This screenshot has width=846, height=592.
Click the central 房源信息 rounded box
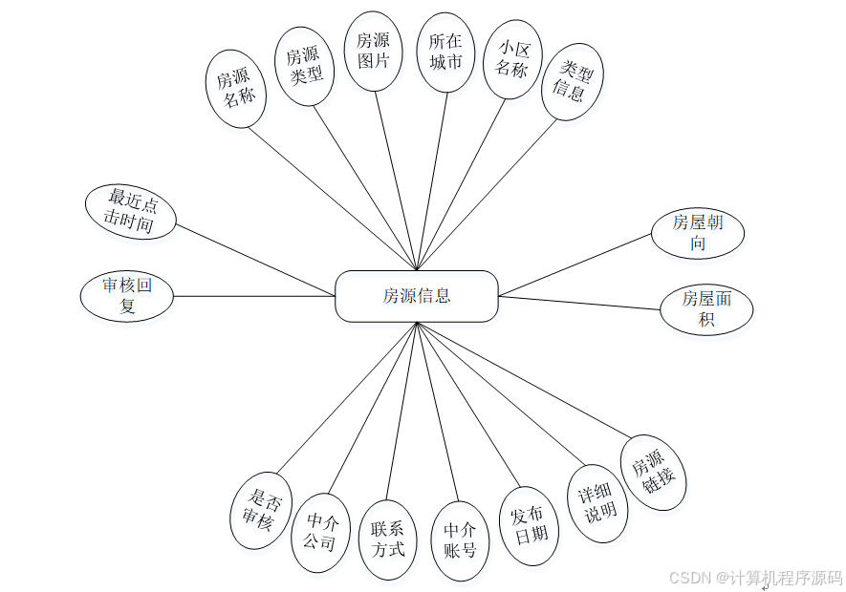coord(417,296)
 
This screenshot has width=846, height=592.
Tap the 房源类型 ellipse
coord(304,65)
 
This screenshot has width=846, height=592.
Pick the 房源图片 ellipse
coord(373,52)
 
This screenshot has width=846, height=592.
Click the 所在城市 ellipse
coord(445,52)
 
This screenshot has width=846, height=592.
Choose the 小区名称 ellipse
coord(511,58)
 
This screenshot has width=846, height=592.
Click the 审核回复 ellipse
coord(127,296)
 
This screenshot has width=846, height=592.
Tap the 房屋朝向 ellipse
coord(698,232)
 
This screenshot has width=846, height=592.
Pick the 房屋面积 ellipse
coord(706,308)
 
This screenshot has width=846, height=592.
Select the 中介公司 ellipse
coord(320,532)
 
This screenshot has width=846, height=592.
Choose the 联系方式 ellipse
coord(388,539)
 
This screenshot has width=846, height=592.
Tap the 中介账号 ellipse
coord(460,541)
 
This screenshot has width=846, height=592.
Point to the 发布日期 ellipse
coord(529,525)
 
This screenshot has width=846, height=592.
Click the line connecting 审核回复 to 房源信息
coord(253,296)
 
